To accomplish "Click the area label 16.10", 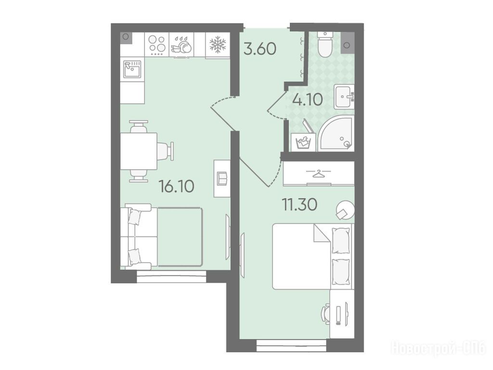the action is [x=176, y=186].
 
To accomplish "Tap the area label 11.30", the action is [x=299, y=204].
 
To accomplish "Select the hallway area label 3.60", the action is [x=260, y=49].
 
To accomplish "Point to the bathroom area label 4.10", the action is [x=308, y=100].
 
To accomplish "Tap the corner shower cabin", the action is [x=336, y=133].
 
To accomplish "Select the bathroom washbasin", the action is [x=344, y=97].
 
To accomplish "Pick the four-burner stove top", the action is [x=157, y=44].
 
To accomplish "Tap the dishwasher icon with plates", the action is [x=182, y=44].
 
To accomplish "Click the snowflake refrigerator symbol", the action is [x=218, y=44].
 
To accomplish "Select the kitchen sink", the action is [x=132, y=69].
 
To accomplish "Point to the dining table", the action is [x=139, y=151].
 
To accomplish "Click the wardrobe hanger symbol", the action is [x=319, y=172].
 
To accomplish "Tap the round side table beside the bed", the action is [x=345, y=210].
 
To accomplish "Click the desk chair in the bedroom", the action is [x=326, y=313].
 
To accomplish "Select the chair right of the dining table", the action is [x=166, y=151].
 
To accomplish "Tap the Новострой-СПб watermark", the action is [x=438, y=348].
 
